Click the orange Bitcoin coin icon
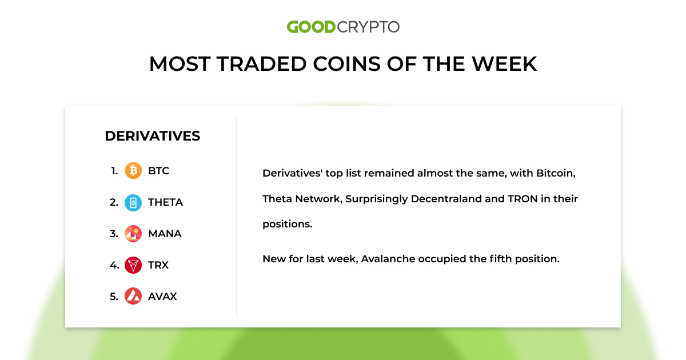[x=133, y=171]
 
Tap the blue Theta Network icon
[x=133, y=202]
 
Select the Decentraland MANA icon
[x=133, y=234]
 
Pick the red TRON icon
[x=133, y=265]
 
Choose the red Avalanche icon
[x=133, y=296]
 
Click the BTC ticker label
[x=158, y=171]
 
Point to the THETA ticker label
[x=165, y=202]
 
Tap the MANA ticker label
[x=165, y=234]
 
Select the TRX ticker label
[x=158, y=265]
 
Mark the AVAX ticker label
[x=162, y=297]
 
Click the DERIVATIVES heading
[x=153, y=136]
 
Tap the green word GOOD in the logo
[x=310, y=27]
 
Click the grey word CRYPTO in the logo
[x=368, y=27]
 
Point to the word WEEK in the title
[x=504, y=64]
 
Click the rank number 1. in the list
[x=114, y=171]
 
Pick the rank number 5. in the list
[x=114, y=297]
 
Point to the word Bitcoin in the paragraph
[x=545, y=173]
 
